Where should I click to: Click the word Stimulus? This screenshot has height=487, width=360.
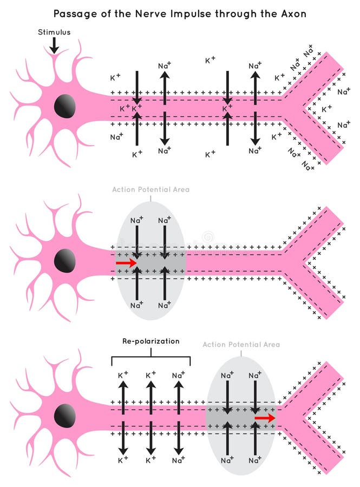pyautogui.click(x=54, y=32)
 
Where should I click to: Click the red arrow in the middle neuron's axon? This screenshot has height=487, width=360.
pyautogui.click(x=126, y=262)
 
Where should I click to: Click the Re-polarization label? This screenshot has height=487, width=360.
pyautogui.click(x=150, y=341)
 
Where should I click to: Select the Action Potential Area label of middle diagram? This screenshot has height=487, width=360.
pyautogui.click(x=150, y=190)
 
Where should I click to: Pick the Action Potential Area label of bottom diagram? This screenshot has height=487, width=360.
pyautogui.click(x=241, y=344)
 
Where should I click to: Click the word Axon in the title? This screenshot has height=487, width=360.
pyautogui.click(x=292, y=14)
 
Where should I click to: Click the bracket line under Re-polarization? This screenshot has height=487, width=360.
pyautogui.click(x=150, y=357)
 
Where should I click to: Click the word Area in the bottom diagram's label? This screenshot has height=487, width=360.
pyautogui.click(x=271, y=344)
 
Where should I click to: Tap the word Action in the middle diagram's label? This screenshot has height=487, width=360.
pyautogui.click(x=124, y=190)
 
